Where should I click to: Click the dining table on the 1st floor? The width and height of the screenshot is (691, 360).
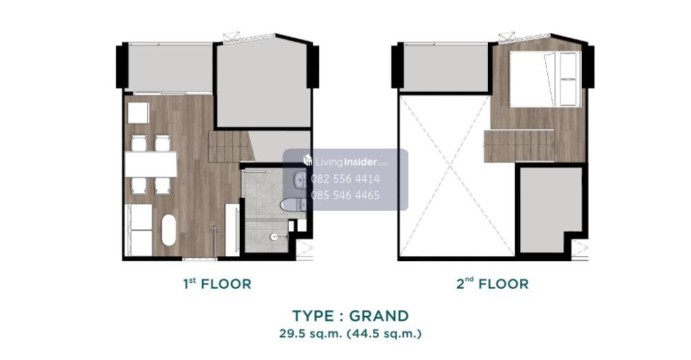pos(151,164)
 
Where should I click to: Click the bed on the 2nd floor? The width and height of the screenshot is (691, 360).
pos(545,79)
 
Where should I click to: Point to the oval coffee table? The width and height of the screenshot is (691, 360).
pos(169,229)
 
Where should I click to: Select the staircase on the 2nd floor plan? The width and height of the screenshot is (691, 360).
pos(519,146)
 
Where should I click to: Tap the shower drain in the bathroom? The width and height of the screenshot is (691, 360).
pos(274,236)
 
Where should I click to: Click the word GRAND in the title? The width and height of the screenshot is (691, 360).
pos(379,316)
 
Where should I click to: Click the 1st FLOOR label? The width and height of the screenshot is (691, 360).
pos(217,284)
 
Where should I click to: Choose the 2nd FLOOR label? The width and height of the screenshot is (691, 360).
pos(492,284)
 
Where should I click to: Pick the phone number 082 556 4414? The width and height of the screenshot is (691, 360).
pos(345,179)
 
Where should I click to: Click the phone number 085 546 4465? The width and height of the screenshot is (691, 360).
pos(345,196)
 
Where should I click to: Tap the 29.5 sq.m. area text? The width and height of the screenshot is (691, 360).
pos(310,334)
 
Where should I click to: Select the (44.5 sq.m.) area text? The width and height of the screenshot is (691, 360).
pos(384,334)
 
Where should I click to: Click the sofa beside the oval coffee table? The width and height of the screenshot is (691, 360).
pos(139,229)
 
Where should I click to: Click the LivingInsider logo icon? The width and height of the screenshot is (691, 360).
pos(308,160)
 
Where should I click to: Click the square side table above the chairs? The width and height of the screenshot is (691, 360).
pos(138,113)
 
